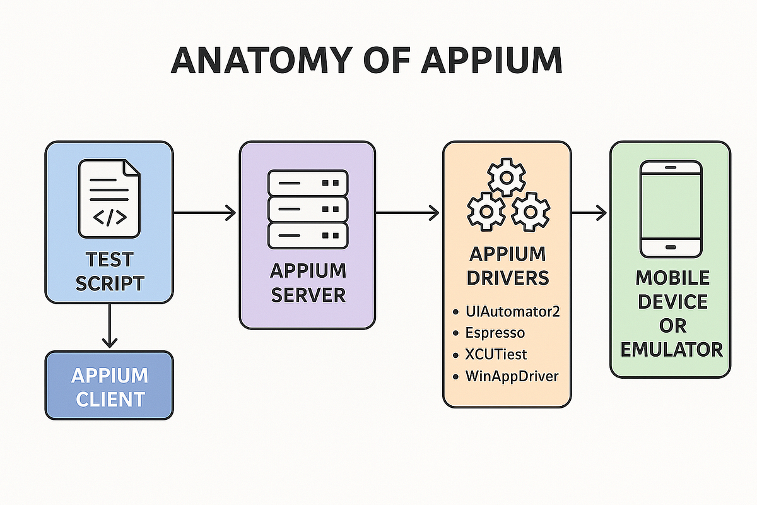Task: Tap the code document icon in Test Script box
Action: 109,198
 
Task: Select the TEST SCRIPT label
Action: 109,271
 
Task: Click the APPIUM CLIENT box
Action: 109,386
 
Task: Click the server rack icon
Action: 308,209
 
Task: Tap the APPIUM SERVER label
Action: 308,283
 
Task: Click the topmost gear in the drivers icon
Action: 507,179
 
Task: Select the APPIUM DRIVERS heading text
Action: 507,266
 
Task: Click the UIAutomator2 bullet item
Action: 512,311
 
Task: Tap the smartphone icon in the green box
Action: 671,209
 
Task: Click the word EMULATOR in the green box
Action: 671,349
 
